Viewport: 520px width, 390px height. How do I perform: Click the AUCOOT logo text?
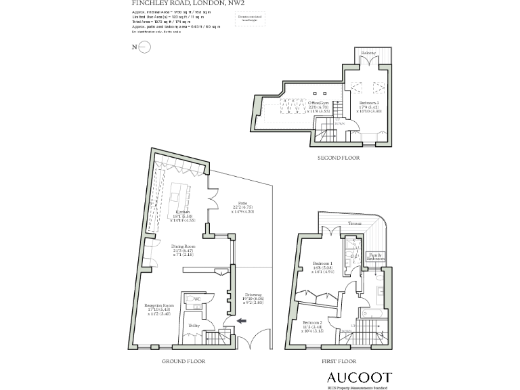point(360,376)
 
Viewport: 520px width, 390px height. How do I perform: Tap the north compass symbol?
point(144,47)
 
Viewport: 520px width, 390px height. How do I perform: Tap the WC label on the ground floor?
point(198,299)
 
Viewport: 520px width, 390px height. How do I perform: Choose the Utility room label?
point(194,326)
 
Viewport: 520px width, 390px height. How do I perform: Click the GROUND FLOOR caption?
point(183,362)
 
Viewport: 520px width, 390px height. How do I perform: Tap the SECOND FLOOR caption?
point(339,157)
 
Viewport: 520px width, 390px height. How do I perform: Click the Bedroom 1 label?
point(322,263)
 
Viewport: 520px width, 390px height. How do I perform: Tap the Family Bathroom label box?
point(376,257)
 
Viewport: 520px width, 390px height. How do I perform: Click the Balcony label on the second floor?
point(368,52)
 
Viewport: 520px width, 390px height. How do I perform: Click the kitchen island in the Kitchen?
point(181,196)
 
